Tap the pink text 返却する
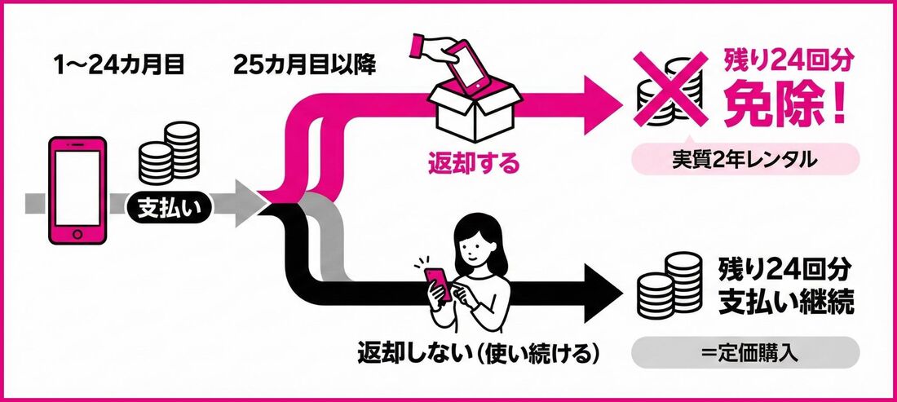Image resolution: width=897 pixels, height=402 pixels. [x=474, y=164]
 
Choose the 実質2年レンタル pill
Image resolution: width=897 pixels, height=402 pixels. [x=745, y=161]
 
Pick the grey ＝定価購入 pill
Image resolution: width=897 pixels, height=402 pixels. [x=745, y=354]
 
